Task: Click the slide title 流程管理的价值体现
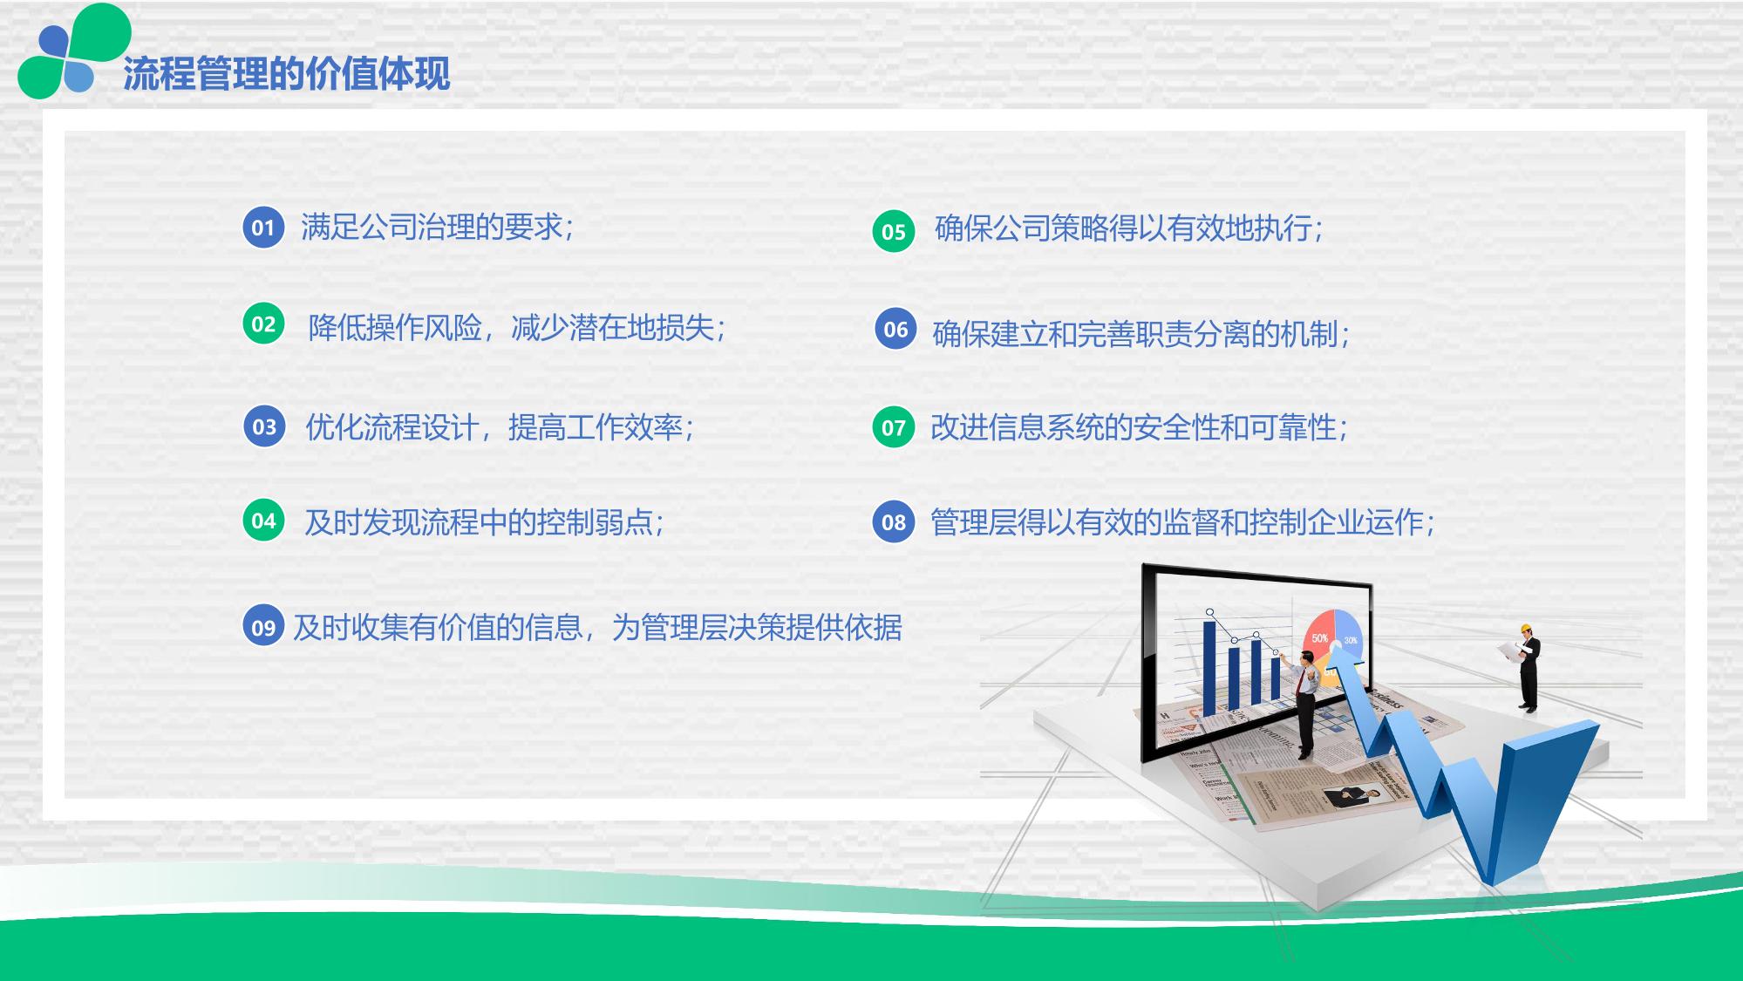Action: [286, 73]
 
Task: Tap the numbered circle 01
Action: [263, 228]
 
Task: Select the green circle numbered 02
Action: [263, 324]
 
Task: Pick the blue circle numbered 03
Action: [264, 426]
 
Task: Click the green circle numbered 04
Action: [263, 521]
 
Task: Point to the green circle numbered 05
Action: [894, 231]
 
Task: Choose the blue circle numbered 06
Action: [895, 329]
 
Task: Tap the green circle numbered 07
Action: [894, 427]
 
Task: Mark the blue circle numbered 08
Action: [894, 521]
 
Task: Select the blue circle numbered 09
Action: [263, 627]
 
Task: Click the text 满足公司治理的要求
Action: [432, 228]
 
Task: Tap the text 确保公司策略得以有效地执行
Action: [1123, 228]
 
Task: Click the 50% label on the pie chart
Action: [1320, 638]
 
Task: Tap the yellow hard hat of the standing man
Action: [1526, 628]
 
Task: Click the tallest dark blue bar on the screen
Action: [1210, 667]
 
